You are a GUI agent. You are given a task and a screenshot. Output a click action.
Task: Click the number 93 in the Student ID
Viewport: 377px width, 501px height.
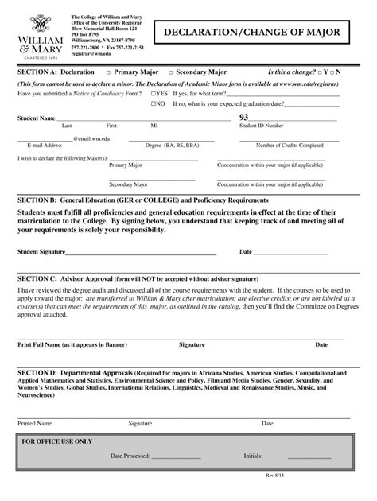click(x=244, y=118)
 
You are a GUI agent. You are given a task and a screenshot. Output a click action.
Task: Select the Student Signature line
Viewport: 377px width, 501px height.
click(x=141, y=252)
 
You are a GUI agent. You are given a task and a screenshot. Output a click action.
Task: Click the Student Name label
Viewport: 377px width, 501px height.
click(x=37, y=118)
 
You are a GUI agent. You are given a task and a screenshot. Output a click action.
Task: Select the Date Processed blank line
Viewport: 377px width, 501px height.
click(x=176, y=456)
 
